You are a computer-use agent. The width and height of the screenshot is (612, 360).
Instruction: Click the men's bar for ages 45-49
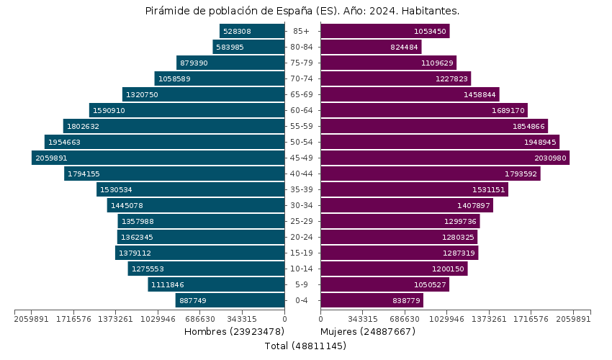(x=158, y=158)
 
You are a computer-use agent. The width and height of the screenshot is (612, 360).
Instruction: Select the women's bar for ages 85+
(x=384, y=31)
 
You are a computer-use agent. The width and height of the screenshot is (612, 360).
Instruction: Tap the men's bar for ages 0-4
(x=230, y=300)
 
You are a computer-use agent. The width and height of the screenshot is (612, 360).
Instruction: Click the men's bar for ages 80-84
(x=248, y=47)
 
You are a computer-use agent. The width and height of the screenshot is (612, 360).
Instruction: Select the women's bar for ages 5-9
(x=384, y=284)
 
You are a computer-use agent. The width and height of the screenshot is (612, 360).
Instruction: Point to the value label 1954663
(x=64, y=142)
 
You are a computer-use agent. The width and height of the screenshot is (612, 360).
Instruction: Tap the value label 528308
(x=237, y=31)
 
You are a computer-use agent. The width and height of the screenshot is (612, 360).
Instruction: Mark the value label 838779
(x=407, y=300)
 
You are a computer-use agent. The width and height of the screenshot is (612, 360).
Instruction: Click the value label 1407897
(x=474, y=205)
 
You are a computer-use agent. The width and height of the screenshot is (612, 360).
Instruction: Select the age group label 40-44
(x=302, y=174)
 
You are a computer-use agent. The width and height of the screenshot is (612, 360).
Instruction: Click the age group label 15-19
(x=302, y=253)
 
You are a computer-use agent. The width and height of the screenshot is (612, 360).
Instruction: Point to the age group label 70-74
(x=302, y=78)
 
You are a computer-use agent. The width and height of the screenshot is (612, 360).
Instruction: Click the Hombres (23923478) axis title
(x=234, y=331)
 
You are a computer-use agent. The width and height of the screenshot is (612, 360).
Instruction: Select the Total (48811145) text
(x=305, y=346)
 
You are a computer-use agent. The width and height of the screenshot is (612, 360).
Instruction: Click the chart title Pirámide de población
(x=302, y=11)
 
